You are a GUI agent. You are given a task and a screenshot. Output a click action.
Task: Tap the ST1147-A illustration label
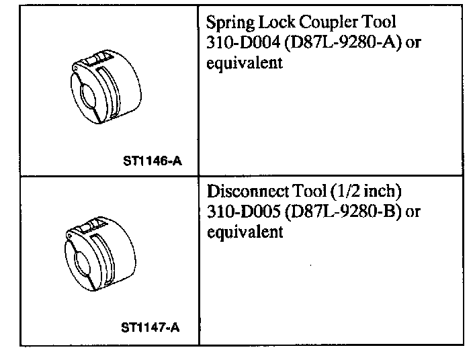[x=150, y=329]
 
